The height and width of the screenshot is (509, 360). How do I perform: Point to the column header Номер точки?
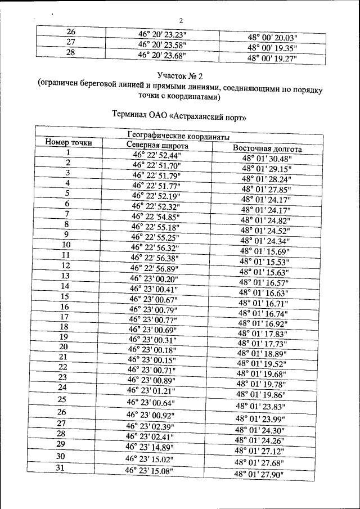click(x=69, y=143)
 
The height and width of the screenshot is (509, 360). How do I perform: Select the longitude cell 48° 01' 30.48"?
click(x=266, y=159)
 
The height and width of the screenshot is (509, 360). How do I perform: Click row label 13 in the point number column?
click(x=65, y=276)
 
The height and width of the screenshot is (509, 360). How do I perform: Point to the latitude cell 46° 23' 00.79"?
click(x=154, y=309)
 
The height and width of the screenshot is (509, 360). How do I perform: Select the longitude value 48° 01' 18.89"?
click(x=262, y=354)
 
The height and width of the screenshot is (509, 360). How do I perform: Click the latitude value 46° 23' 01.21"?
click(x=151, y=390)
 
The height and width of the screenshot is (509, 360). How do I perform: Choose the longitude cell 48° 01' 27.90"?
click(x=259, y=475)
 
